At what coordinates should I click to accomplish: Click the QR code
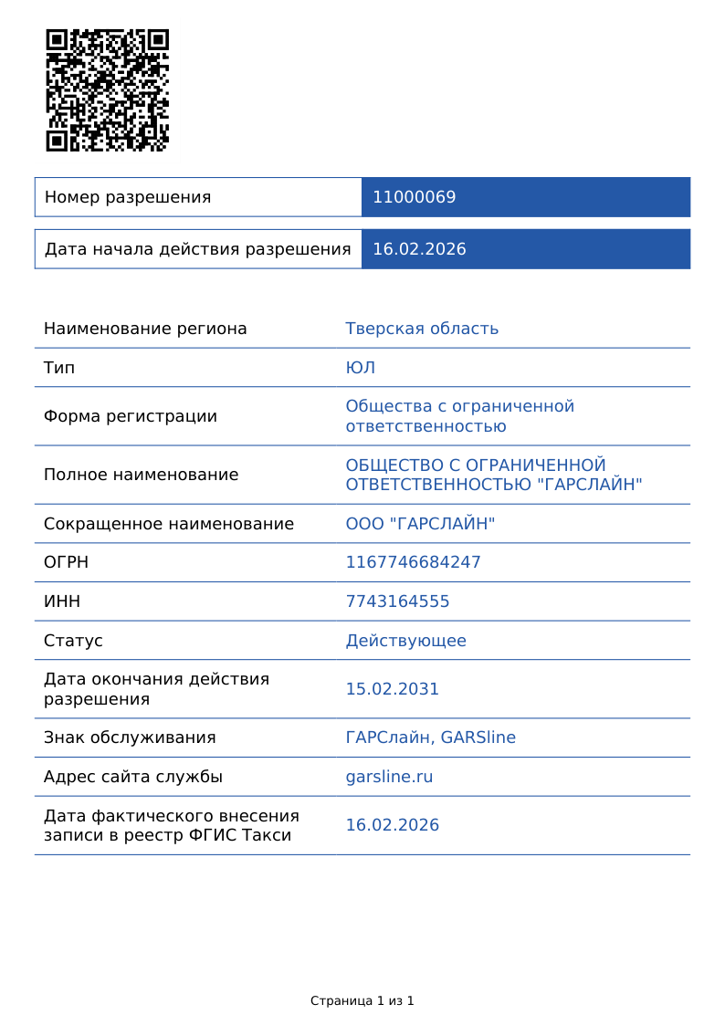108,90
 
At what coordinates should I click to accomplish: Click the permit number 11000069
414,197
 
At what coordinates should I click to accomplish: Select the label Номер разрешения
128,197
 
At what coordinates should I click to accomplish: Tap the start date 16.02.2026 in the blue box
419,249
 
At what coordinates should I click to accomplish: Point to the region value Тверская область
422,329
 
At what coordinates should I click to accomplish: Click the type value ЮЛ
360,368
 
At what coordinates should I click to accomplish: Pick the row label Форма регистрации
131,416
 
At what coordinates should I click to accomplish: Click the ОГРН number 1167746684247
413,562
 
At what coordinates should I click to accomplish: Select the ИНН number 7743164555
397,601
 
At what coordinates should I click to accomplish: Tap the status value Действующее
405,641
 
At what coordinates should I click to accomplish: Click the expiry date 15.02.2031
392,689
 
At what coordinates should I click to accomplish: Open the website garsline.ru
389,777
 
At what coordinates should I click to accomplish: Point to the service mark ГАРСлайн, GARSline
430,737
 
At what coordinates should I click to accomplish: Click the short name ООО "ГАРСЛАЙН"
420,524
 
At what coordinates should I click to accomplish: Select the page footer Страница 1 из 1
362,1001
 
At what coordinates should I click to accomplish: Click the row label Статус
73,641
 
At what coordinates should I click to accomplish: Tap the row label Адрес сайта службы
133,777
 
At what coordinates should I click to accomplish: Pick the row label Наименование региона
145,329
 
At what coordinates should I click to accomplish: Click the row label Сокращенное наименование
169,524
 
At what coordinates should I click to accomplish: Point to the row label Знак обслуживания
130,737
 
